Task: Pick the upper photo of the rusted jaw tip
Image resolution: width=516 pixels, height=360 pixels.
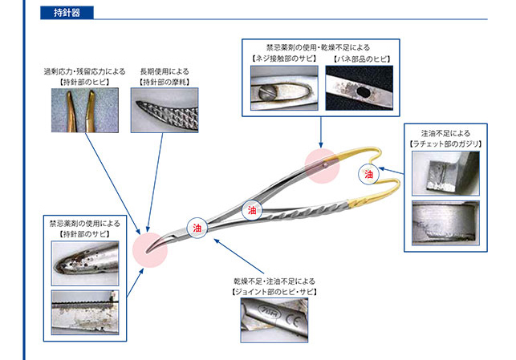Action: pos(87,259)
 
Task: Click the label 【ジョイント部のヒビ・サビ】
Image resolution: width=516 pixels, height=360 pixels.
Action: pos(274,292)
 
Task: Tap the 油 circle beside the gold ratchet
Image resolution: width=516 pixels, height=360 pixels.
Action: pos(368,172)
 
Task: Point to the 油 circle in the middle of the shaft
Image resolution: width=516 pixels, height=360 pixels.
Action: pos(250,210)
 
